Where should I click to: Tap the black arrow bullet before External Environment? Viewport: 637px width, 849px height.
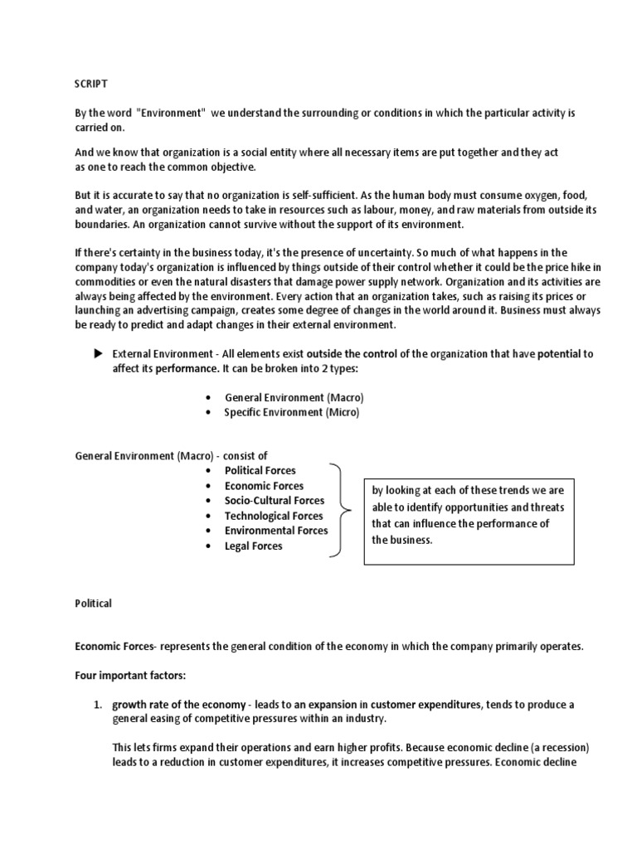97,353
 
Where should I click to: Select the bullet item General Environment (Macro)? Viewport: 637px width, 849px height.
294,397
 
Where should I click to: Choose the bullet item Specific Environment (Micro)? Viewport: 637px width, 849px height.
292,412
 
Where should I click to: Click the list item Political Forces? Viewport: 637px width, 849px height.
260,470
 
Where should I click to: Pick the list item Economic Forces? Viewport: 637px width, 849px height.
264,486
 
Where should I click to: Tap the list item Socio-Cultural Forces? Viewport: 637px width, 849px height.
275,501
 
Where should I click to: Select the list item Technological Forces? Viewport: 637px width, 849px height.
274,516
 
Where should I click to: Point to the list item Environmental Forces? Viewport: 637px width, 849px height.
276,531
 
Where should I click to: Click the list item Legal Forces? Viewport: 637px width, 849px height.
253,546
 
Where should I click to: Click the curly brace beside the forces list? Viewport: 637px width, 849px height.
341,508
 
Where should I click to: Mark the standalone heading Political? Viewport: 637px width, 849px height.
93,604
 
